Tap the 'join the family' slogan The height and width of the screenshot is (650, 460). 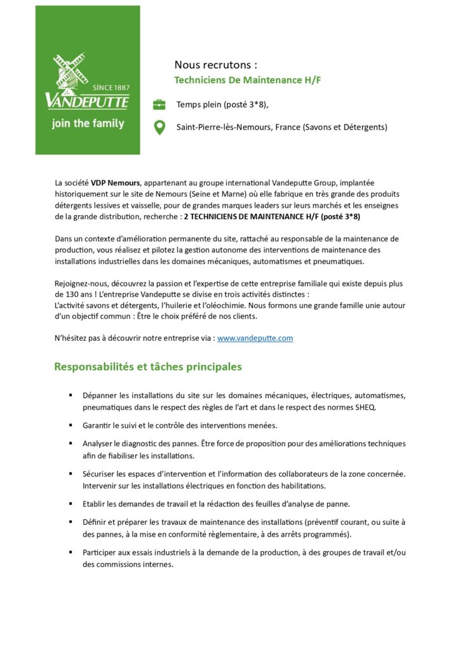[x=88, y=123]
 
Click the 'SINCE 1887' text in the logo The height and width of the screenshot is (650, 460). [x=111, y=87]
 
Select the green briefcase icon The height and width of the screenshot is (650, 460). [x=159, y=104]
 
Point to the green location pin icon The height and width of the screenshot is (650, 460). [x=159, y=128]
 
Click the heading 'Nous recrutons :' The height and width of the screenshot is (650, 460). [x=216, y=65]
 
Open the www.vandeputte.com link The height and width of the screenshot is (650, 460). [x=255, y=338]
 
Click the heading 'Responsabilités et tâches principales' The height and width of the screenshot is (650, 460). [x=147, y=367]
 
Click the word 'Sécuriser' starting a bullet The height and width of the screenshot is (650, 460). [x=98, y=474]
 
